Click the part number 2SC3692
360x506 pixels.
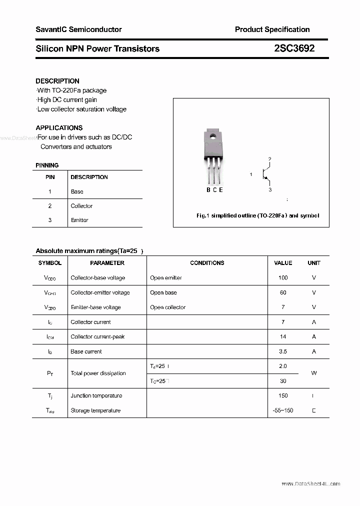(x=294, y=48)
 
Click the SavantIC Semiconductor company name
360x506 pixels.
(x=78, y=29)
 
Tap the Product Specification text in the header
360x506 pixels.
(x=272, y=29)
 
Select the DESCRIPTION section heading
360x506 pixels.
(x=57, y=81)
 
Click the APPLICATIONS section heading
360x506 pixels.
(x=59, y=127)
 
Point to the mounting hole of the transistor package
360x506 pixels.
(x=212, y=135)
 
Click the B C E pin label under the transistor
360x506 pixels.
(x=214, y=189)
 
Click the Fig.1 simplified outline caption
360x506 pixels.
(x=257, y=215)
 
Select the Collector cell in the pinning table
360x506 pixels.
(x=81, y=206)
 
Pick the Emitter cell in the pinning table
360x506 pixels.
(x=79, y=220)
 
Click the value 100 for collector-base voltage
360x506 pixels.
(x=283, y=277)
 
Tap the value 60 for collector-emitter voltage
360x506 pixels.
(x=283, y=292)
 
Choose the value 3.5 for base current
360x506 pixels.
(x=283, y=351)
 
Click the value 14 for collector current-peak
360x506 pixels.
(x=283, y=336)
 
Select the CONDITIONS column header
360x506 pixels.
(x=207, y=263)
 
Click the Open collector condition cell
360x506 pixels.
(x=167, y=307)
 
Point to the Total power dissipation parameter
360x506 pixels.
(x=98, y=373)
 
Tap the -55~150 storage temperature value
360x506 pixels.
(x=283, y=410)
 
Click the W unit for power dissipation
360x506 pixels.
(x=314, y=373)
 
